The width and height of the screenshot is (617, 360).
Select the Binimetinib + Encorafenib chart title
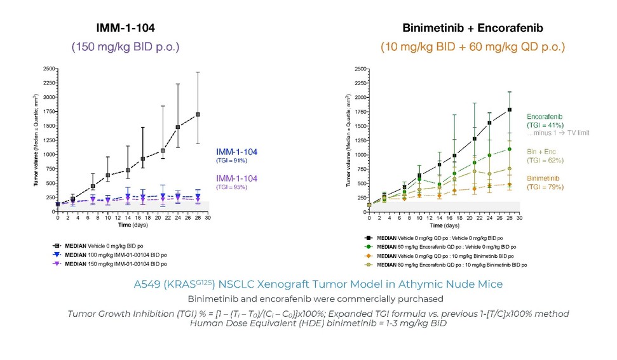click(472, 29)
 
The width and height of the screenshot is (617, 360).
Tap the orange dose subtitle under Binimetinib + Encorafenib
click(472, 46)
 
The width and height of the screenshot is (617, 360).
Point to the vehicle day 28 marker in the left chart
click(198, 114)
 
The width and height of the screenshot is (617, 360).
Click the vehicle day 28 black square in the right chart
click(510, 110)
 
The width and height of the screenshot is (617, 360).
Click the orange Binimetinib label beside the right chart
click(545, 179)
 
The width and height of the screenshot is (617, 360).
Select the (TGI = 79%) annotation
click(545, 187)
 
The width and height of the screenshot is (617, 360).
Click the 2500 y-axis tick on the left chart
click(48, 69)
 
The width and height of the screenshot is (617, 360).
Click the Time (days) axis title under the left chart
click(132, 225)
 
